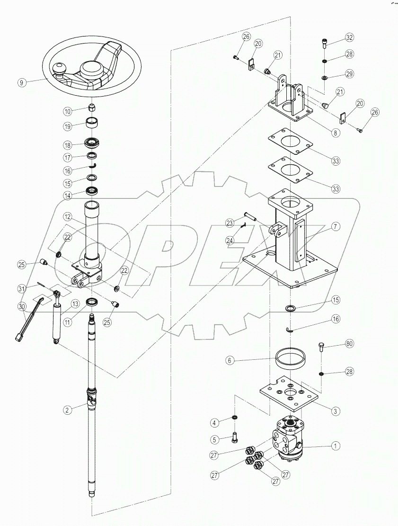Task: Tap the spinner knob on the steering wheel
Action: click(61, 70)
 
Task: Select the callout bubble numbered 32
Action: click(349, 37)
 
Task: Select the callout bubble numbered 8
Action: click(335, 133)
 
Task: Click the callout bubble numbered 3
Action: click(335, 411)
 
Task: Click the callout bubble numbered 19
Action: click(68, 126)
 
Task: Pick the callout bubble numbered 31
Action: click(21, 288)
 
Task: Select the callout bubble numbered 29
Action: click(349, 74)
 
